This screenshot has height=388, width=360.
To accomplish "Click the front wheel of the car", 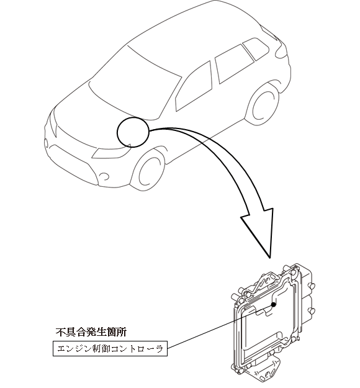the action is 149,171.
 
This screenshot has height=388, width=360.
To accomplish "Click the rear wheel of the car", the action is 263,106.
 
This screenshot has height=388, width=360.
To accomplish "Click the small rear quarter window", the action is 256,48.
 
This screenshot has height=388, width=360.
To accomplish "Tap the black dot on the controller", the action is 273,304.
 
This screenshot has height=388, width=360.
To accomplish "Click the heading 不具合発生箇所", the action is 91,332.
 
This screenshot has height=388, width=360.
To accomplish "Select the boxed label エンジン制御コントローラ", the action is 110,349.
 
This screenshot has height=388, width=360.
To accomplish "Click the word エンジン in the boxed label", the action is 72,349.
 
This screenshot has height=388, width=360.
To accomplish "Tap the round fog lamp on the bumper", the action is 104,176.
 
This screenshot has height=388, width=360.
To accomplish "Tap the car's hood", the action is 99,111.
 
